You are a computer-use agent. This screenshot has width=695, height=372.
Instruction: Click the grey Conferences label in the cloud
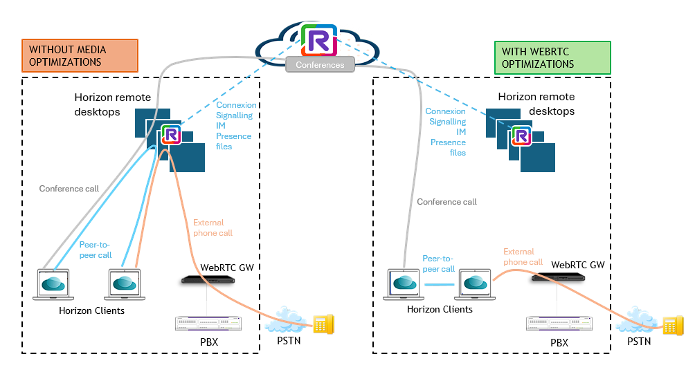[320, 65]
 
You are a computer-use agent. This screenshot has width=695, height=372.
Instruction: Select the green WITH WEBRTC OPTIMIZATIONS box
[552, 57]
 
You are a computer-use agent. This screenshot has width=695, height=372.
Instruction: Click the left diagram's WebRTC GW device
[208, 280]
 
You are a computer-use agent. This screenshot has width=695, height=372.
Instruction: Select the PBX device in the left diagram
[208, 323]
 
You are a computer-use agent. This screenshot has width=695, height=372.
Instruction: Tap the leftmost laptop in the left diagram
[53, 285]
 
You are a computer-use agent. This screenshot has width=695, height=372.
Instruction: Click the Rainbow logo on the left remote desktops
[171, 136]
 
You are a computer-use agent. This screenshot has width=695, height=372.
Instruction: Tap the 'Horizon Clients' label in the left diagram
[91, 310]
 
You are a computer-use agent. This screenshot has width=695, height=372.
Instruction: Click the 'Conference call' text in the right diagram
[447, 202]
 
